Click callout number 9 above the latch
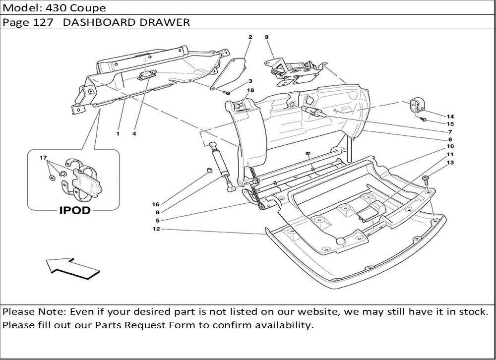point(266,37)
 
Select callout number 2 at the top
point(250,37)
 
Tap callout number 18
point(250,90)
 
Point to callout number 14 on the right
point(450,116)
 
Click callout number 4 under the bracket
point(134,133)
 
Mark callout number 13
point(450,163)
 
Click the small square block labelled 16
point(209,172)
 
